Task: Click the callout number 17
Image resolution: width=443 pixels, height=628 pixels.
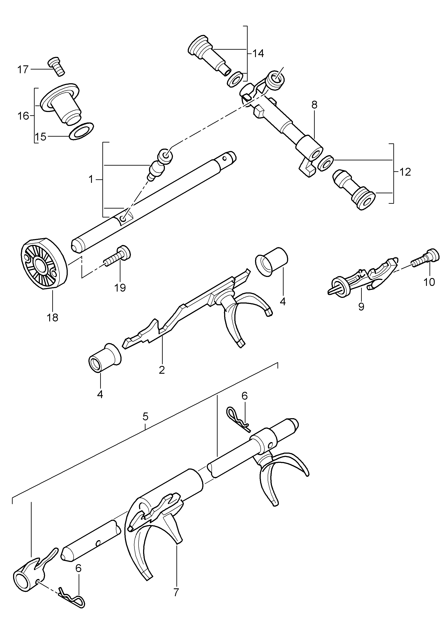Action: [23, 70]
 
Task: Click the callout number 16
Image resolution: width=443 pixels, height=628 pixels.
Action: [24, 116]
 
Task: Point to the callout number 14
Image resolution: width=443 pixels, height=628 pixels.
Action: [258, 53]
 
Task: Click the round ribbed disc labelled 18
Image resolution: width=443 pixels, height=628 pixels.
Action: [44, 264]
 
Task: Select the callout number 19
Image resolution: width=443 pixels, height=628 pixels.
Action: [120, 287]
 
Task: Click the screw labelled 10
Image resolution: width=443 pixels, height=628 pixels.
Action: [426, 259]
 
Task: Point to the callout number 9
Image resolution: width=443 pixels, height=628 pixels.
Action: [361, 307]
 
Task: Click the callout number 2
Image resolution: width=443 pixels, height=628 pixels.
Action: [162, 370]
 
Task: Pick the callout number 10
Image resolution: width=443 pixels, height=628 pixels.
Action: [429, 282]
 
